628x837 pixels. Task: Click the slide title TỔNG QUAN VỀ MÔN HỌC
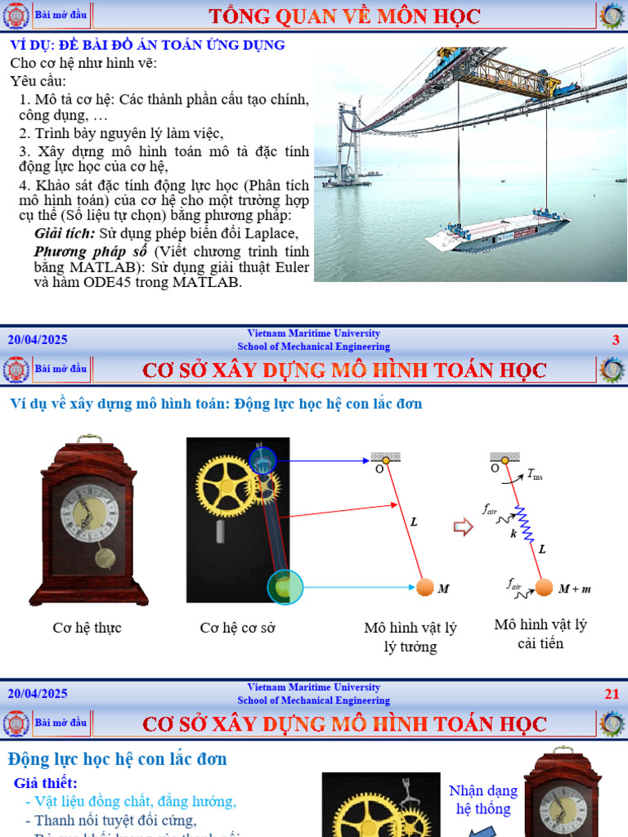(344, 16)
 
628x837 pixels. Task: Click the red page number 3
(616, 340)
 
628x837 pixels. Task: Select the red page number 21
(612, 694)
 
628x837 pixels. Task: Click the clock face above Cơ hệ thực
(89, 512)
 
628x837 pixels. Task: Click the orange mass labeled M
(424, 587)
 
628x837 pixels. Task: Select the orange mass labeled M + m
(544, 587)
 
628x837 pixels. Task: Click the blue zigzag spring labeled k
(523, 524)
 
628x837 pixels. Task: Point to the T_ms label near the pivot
(535, 473)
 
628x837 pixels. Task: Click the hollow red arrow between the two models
(464, 527)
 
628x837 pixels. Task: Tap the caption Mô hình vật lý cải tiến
(541, 633)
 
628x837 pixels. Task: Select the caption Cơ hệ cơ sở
(235, 628)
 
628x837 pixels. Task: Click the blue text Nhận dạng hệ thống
(483, 799)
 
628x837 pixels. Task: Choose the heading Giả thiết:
(46, 783)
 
